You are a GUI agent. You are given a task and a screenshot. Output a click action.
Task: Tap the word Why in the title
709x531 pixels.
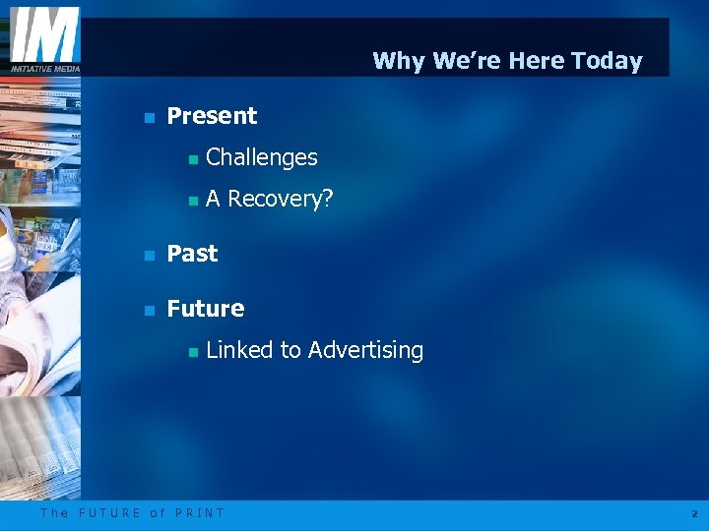(x=399, y=61)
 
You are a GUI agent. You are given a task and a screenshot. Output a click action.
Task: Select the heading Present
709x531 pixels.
(x=212, y=116)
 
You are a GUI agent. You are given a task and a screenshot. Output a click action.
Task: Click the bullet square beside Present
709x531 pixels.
(x=149, y=117)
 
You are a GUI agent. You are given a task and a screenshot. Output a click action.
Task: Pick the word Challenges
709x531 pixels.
(x=262, y=157)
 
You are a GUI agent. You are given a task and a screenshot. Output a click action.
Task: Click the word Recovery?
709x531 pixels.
(x=281, y=200)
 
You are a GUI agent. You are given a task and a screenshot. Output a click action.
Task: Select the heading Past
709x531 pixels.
(x=192, y=254)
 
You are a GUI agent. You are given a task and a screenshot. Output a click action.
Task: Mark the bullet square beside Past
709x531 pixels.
(x=149, y=255)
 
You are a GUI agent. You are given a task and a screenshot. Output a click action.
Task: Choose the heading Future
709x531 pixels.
(x=205, y=309)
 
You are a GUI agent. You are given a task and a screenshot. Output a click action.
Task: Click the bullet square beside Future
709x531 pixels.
(x=149, y=310)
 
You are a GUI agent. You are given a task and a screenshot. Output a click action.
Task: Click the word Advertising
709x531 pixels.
(x=365, y=350)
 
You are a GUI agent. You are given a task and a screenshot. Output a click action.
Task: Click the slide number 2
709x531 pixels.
(x=693, y=513)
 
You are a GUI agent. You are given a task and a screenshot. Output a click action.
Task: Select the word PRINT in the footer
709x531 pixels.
(x=200, y=512)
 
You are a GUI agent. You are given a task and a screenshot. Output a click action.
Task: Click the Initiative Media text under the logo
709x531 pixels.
(x=44, y=68)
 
